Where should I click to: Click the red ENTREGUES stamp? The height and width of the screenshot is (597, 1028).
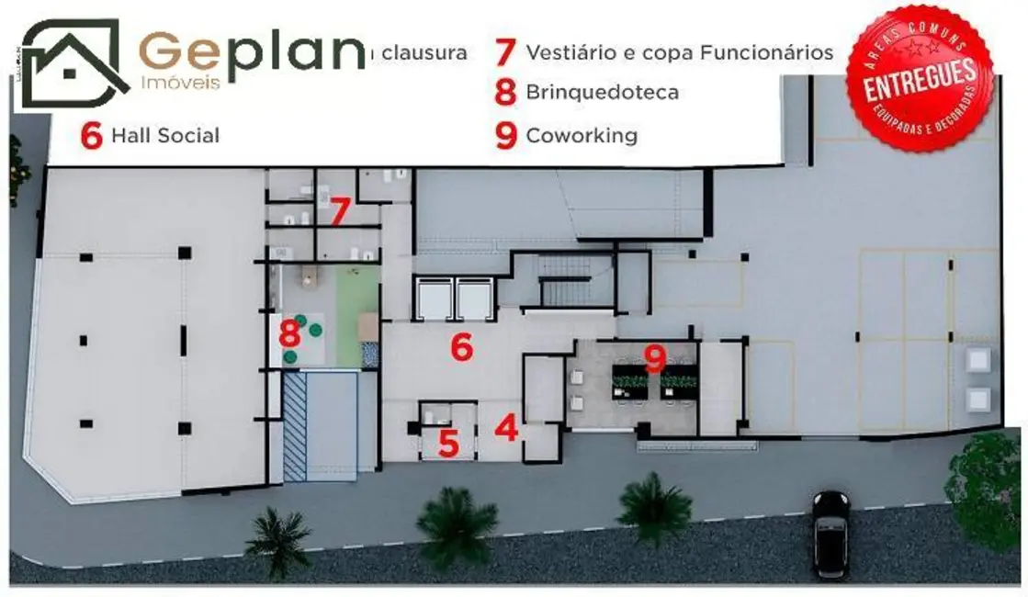[919, 78]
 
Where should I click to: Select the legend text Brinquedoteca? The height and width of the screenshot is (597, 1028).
[602, 93]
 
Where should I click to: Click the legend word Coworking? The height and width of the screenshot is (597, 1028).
[581, 136]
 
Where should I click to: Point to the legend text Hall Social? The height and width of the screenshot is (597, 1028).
[164, 136]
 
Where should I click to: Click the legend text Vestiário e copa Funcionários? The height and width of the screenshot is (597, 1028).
[679, 52]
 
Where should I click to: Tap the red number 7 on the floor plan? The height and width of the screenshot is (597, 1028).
[339, 212]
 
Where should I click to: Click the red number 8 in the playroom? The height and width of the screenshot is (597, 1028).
[290, 330]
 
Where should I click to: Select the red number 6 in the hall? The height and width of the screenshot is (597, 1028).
[461, 347]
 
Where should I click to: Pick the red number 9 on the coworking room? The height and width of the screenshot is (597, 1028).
[654, 358]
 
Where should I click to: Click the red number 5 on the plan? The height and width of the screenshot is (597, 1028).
[447, 443]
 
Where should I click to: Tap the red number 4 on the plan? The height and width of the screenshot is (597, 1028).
[506, 428]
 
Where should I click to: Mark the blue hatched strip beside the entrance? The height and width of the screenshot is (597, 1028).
[294, 426]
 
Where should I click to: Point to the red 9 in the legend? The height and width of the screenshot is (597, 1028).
[505, 136]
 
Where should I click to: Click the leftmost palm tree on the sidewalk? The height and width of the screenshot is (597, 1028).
[278, 536]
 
